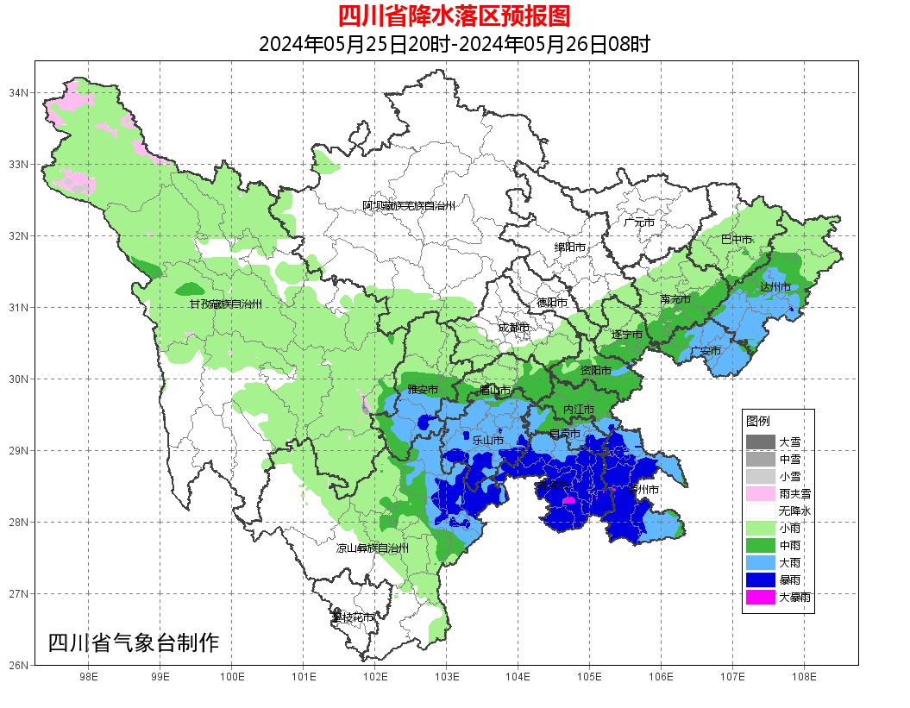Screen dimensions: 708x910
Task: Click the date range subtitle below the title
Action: (x=454, y=44)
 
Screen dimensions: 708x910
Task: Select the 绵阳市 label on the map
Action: (x=570, y=247)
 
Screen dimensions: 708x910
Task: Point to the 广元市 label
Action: (x=639, y=222)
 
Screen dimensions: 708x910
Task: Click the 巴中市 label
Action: (x=736, y=240)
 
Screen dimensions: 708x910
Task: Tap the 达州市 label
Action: (x=775, y=286)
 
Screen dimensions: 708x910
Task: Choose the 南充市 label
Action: (x=675, y=299)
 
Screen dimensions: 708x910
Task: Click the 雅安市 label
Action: (x=423, y=390)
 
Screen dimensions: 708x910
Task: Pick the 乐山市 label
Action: (x=487, y=440)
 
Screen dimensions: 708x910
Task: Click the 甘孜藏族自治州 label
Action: (x=226, y=304)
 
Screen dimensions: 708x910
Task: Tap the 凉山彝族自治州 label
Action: (x=373, y=548)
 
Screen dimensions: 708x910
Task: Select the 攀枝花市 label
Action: (x=354, y=617)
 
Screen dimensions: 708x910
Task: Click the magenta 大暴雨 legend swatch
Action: (x=761, y=597)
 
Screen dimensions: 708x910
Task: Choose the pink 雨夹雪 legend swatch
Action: (x=761, y=493)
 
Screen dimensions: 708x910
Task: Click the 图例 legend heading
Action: (x=758, y=421)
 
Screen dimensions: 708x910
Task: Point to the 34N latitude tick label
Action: (x=19, y=92)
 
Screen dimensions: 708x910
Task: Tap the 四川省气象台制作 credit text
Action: (x=134, y=642)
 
